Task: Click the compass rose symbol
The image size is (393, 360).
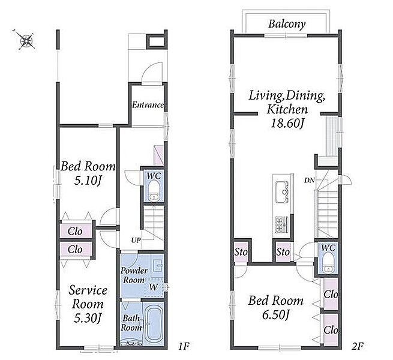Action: point(26,40)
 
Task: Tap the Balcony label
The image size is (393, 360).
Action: point(287,25)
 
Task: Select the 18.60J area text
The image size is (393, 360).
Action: point(287,124)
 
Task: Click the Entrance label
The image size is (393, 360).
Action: point(148,105)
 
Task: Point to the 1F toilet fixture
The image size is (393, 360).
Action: point(153,191)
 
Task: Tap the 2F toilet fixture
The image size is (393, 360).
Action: point(328,262)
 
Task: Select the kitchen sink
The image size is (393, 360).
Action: point(283,190)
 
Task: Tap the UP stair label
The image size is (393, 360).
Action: point(136,240)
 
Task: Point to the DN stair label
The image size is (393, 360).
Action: point(309,180)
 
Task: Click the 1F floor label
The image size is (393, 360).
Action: point(183,346)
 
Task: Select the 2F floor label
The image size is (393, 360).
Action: point(357,346)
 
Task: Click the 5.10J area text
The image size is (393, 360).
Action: point(88,181)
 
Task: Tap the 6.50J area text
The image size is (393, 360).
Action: point(276,314)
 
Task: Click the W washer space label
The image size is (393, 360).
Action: point(154,287)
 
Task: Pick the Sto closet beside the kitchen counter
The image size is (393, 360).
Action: point(283,252)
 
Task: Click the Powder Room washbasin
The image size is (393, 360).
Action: point(157,265)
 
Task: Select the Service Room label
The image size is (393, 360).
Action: point(88,297)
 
